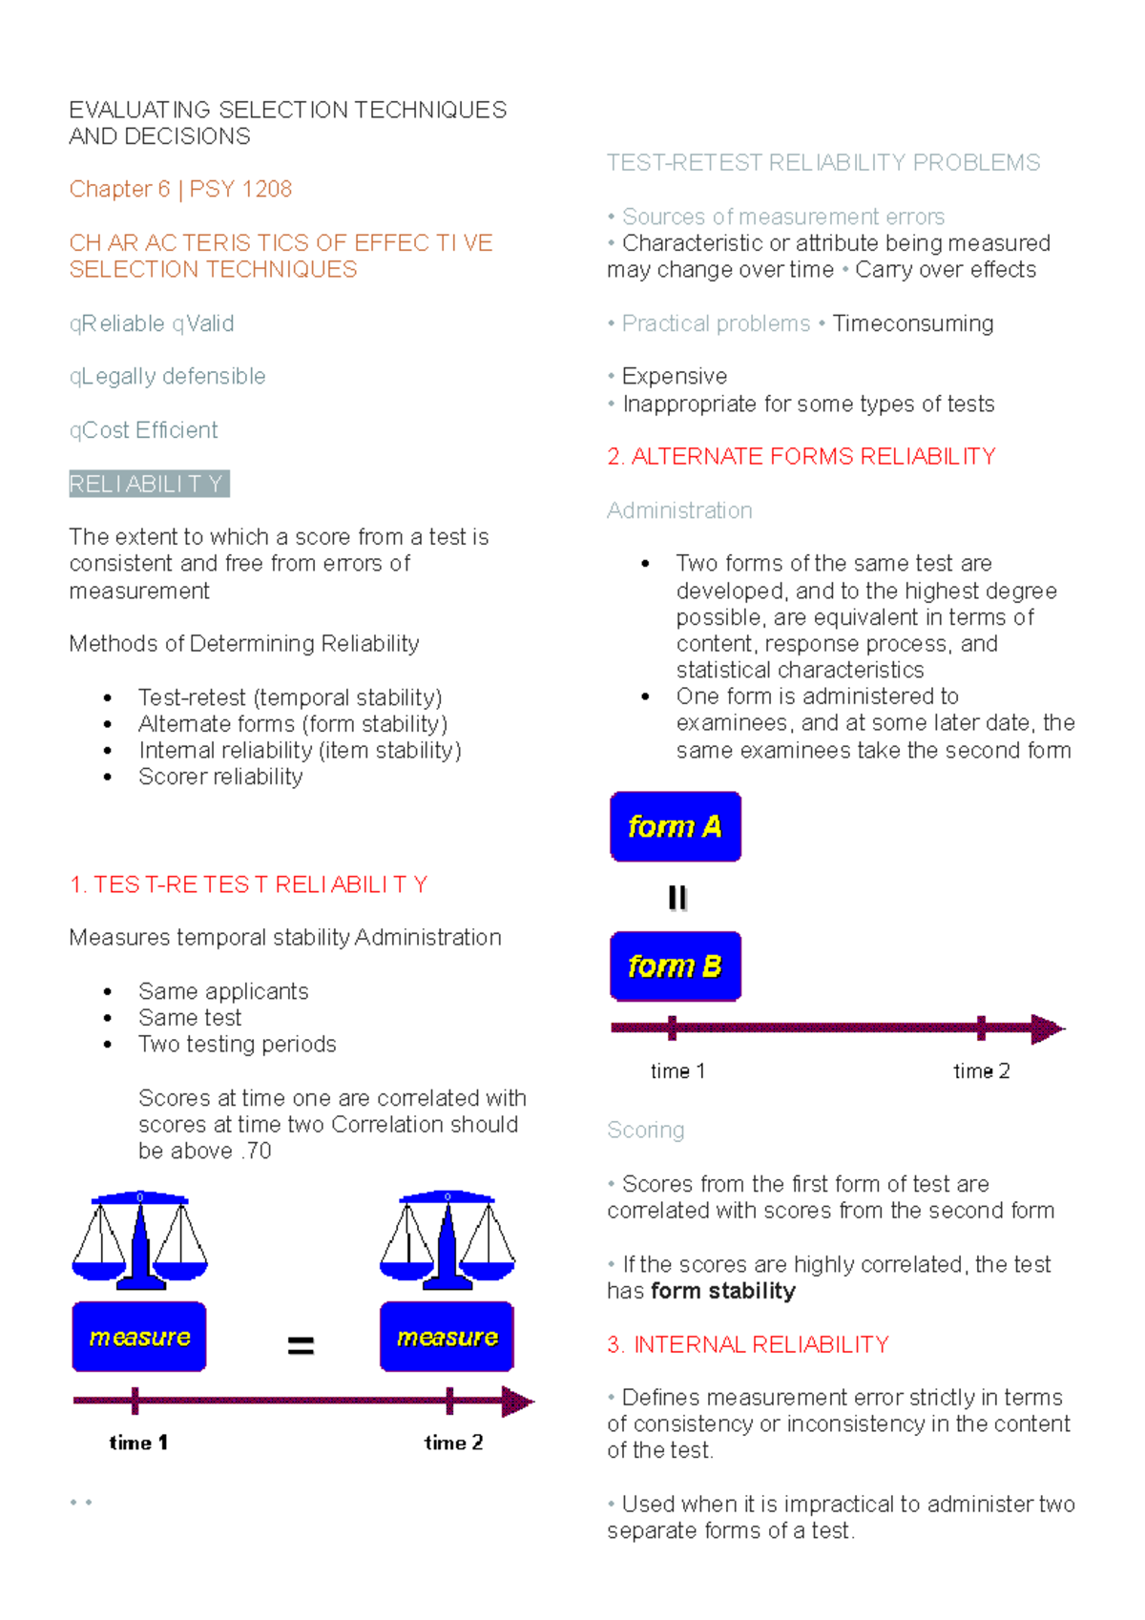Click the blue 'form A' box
[675, 826]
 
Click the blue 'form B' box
[675, 966]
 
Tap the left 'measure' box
[139, 1337]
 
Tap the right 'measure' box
[447, 1337]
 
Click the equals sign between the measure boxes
[301, 1345]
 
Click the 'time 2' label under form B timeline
[981, 1071]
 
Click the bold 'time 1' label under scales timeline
[138, 1443]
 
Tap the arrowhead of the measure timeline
[517, 1402]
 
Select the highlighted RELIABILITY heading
[148, 484]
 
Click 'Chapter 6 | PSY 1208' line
[180, 189]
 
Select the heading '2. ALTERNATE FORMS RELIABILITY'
[801, 456]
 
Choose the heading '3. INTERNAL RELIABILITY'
[747, 1344]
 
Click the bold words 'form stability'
[723, 1291]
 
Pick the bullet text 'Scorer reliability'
[220, 777]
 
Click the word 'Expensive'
[674, 376]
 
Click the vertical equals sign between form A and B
[677, 897]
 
